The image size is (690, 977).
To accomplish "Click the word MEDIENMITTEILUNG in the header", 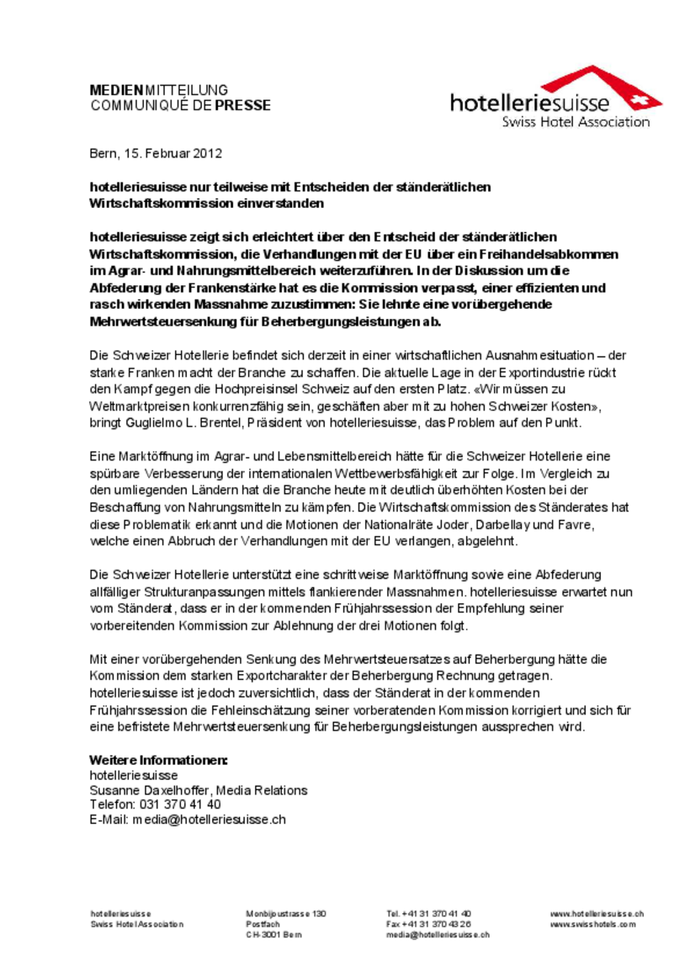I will [159, 90].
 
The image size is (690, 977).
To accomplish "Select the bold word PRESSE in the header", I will [242, 105].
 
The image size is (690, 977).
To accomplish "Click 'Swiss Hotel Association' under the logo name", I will [576, 122].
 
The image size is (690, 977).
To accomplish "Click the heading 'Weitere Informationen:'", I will [158, 761].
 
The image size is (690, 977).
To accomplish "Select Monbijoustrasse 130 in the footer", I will [285, 914].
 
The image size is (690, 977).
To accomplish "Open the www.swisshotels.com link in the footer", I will [592, 924].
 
